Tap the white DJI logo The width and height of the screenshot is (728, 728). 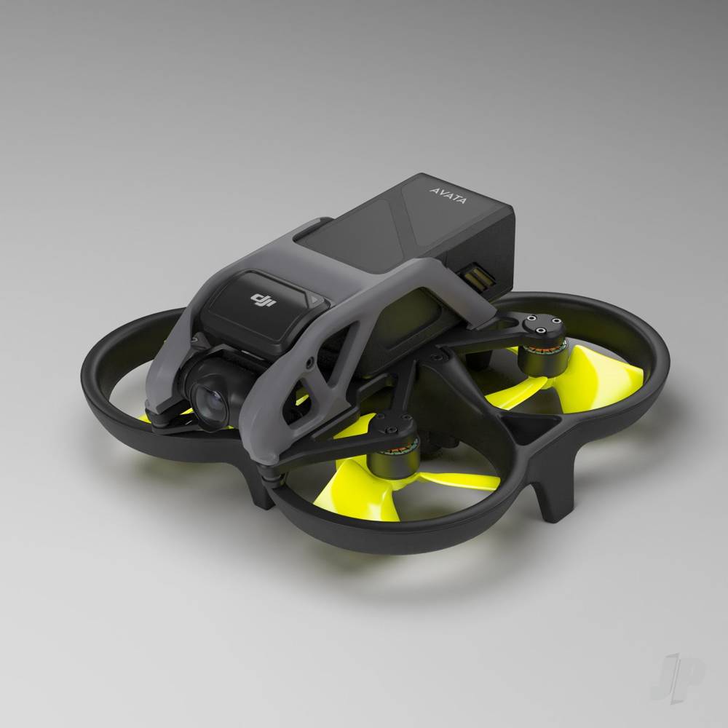click(x=260, y=299)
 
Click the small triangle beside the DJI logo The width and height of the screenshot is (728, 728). click(x=313, y=299)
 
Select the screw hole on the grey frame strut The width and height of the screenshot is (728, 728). click(x=312, y=361)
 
